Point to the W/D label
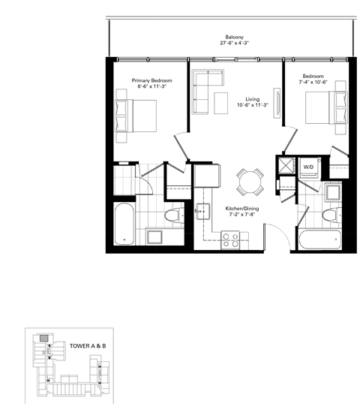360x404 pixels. click(x=307, y=167)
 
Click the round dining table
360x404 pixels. click(x=248, y=181)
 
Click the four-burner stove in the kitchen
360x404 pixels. click(x=230, y=241)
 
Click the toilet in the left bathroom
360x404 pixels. click(x=173, y=218)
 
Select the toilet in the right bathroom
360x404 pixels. click(x=328, y=217)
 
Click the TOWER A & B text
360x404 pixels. click(x=87, y=346)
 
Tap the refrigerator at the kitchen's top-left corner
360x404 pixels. click(x=205, y=176)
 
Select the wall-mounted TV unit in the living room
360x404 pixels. click(x=277, y=101)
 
